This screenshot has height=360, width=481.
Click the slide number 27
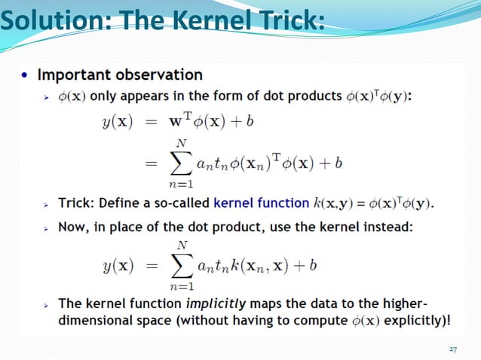coord(452,349)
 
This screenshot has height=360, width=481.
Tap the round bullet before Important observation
coord(26,75)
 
